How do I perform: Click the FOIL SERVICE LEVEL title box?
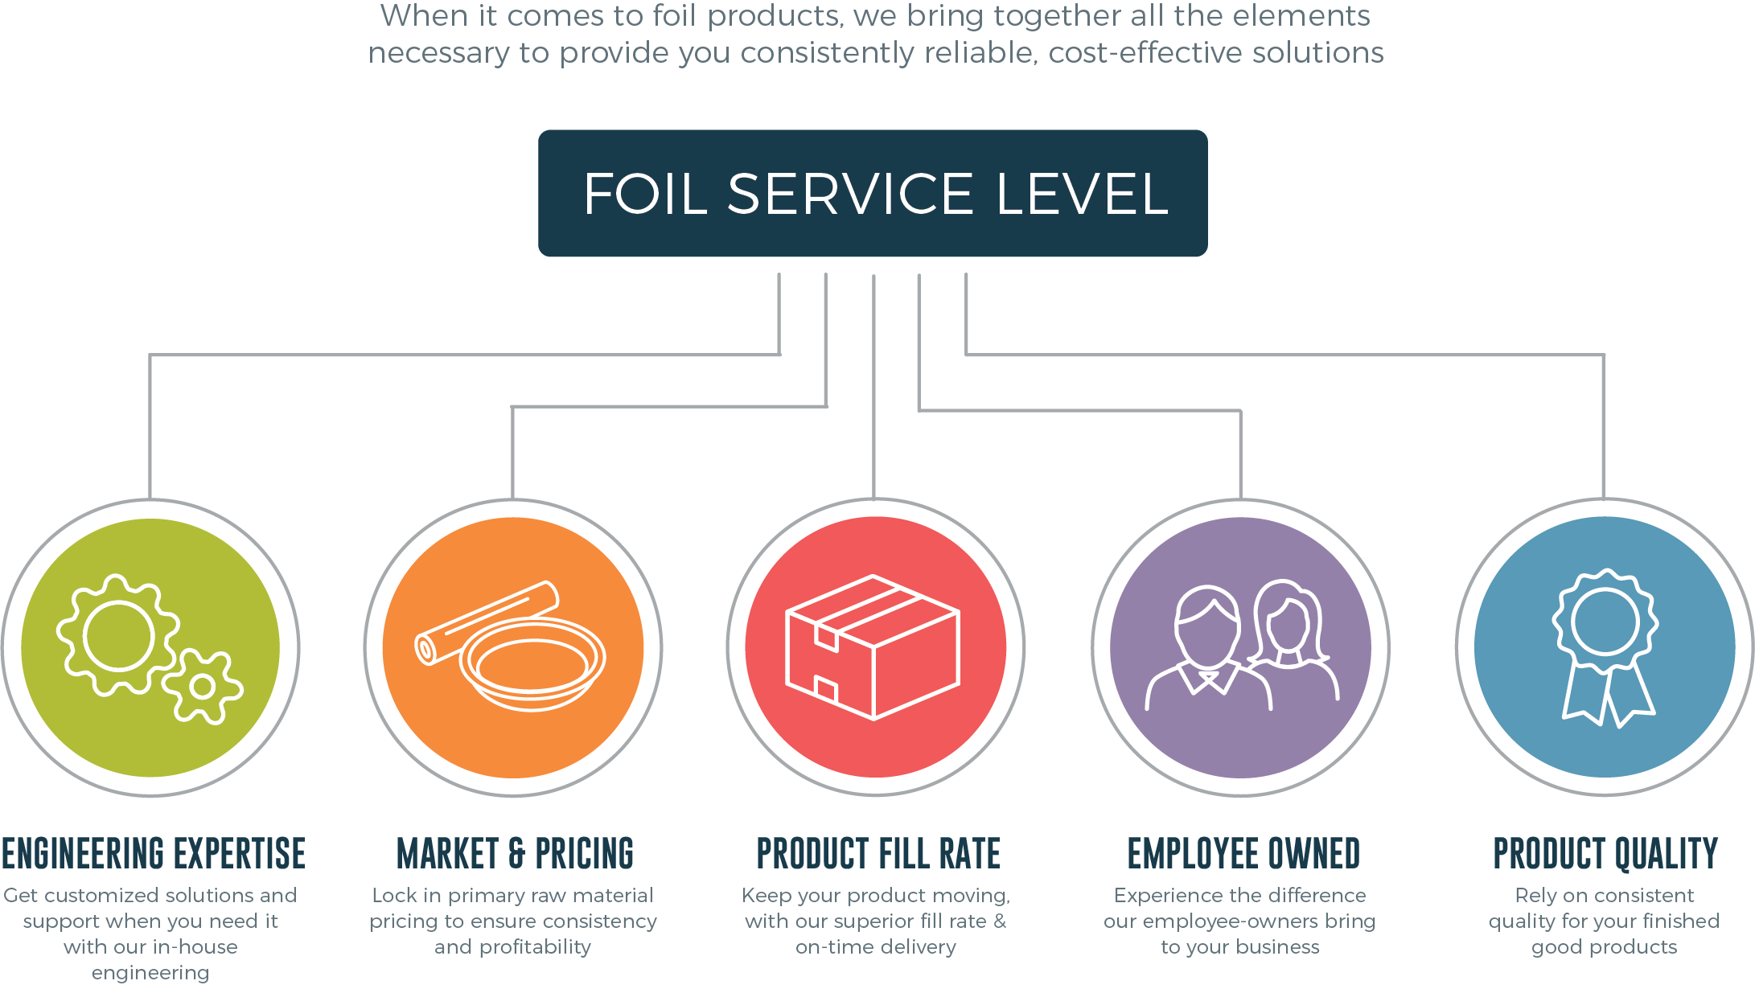pyautogui.click(x=873, y=193)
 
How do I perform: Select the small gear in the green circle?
pyautogui.click(x=203, y=687)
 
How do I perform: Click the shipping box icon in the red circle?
pyautogui.click(x=873, y=647)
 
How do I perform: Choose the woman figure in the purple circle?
pyautogui.click(x=1292, y=635)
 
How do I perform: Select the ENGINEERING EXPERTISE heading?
pyautogui.click(x=153, y=854)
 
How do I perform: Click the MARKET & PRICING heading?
pyautogui.click(x=515, y=854)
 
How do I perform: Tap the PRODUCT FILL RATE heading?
pyautogui.click(x=878, y=854)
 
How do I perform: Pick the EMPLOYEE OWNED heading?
pyautogui.click(x=1243, y=854)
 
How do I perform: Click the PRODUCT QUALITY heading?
pyautogui.click(x=1605, y=854)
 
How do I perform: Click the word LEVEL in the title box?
pyautogui.click(x=1082, y=194)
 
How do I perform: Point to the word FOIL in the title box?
pyautogui.click(x=646, y=194)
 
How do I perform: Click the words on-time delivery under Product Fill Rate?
pyautogui.click(x=876, y=947)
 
